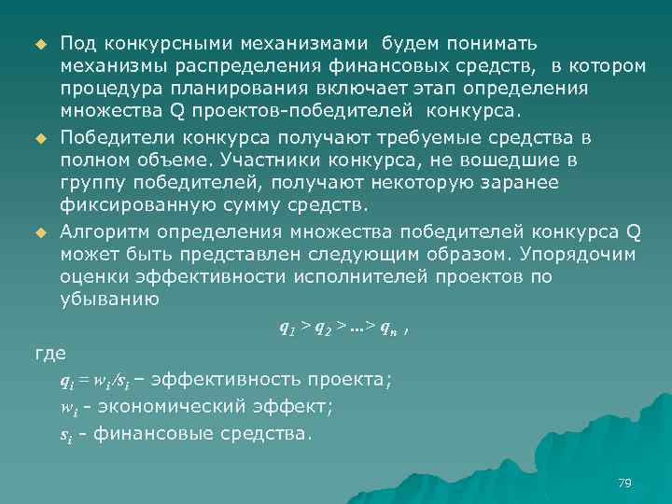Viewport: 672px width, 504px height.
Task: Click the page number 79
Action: [x=625, y=483]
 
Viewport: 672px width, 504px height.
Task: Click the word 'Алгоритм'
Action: [x=104, y=230]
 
